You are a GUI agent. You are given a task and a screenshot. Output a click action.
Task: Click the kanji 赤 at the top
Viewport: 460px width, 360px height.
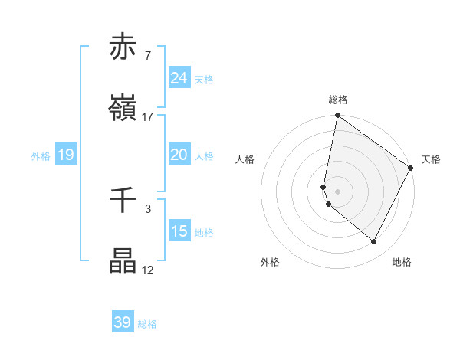[123, 47]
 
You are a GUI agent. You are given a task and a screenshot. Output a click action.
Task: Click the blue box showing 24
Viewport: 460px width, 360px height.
[179, 78]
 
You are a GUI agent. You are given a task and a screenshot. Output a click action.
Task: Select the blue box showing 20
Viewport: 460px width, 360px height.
[179, 155]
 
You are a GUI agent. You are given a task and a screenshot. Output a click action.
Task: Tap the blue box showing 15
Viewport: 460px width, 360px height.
[179, 231]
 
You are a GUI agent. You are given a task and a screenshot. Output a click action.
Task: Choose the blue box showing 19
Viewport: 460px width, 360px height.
[65, 155]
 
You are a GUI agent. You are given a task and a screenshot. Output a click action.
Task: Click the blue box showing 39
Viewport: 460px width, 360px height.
[123, 322]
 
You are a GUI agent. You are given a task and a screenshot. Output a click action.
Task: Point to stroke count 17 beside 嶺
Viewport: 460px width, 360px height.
[148, 117]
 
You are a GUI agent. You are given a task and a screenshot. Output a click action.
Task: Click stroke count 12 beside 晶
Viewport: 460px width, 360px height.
[148, 270]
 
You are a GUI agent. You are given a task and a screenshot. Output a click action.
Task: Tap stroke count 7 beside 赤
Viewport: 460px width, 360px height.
[147, 56]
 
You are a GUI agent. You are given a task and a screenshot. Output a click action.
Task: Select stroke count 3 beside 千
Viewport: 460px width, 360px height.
[147, 208]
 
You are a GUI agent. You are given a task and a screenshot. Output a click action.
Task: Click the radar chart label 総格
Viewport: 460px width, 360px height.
[337, 100]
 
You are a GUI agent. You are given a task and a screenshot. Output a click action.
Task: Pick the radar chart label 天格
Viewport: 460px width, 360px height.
[431, 159]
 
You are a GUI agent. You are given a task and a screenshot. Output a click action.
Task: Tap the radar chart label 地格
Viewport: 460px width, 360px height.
[402, 262]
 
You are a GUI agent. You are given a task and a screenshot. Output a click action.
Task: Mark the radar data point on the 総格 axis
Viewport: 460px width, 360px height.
[337, 116]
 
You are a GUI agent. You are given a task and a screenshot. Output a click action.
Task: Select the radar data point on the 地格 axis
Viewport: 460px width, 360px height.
[374, 242]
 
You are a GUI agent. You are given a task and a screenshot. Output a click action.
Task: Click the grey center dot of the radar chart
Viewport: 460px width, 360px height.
[337, 191]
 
